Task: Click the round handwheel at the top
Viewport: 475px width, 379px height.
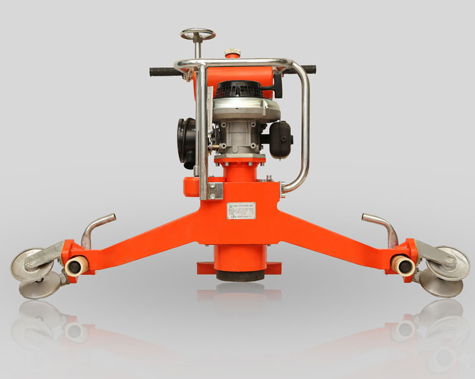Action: (x=198, y=35)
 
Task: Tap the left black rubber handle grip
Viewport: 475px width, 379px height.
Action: (x=164, y=72)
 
